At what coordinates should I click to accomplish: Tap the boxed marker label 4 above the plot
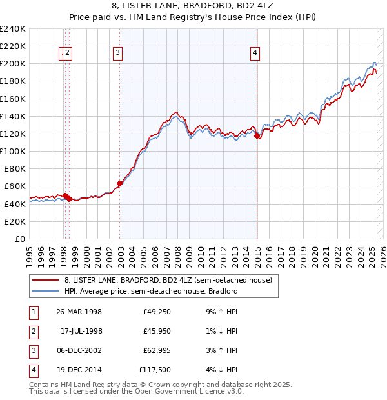[x=255, y=54]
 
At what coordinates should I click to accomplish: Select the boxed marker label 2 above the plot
[x=67, y=54]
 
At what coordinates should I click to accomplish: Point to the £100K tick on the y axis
[x=13, y=151]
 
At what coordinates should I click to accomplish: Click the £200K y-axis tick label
[x=13, y=63]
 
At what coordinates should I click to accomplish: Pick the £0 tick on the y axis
[x=19, y=239]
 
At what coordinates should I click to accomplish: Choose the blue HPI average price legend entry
[x=151, y=291]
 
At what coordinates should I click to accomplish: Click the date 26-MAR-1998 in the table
[x=79, y=312]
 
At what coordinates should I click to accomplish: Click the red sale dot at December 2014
[x=257, y=135]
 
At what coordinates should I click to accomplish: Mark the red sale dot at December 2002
[x=120, y=183]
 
